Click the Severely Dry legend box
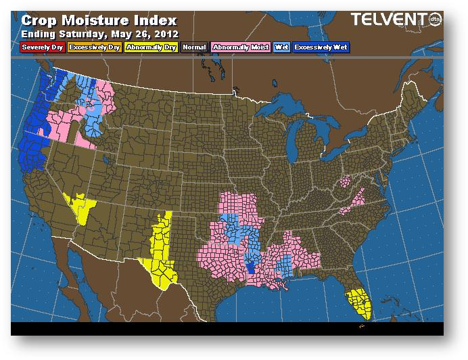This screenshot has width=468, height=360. pyautogui.click(x=41, y=47)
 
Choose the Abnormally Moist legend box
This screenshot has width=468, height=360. pyautogui.click(x=240, y=47)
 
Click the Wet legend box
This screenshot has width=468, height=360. pyautogui.click(x=281, y=47)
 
